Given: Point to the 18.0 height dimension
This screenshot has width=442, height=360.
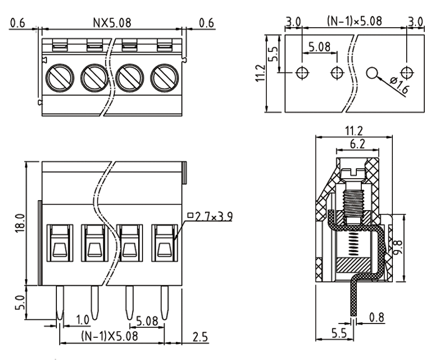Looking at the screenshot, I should coord(18,223).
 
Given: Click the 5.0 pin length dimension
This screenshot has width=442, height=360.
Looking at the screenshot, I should coord(18,302).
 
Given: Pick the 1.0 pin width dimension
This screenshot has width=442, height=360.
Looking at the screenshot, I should coord(82,319).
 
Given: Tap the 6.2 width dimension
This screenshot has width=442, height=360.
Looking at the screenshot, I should coord(357,144).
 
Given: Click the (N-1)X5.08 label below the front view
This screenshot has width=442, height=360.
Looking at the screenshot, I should coord(108,336).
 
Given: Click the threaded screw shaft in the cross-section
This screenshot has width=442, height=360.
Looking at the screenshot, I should coord(352,204).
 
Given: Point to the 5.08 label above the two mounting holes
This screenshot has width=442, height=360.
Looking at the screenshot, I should coord(320,47).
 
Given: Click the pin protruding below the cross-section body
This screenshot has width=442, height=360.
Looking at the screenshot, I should coord(352,301).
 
